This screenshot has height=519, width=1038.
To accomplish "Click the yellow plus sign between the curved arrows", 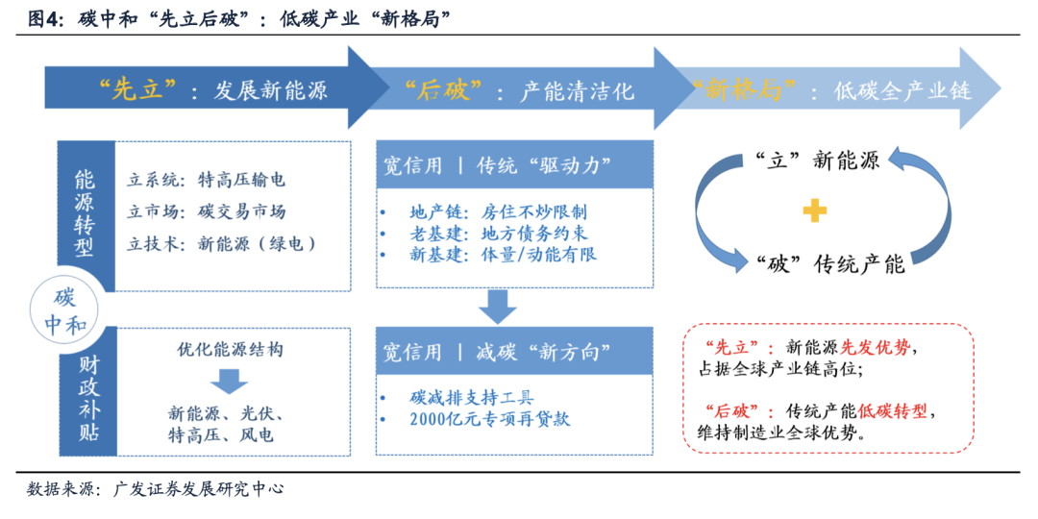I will [x=814, y=211].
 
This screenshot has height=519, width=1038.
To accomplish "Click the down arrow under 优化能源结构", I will [x=229, y=381].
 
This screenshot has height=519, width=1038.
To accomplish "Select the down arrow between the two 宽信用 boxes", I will [x=498, y=307].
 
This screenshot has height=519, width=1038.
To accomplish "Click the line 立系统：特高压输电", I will [x=207, y=180].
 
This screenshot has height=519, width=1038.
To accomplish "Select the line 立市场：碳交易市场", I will [x=207, y=211].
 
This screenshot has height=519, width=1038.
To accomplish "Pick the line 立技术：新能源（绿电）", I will [x=222, y=244].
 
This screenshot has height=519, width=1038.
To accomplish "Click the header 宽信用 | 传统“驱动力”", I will [x=497, y=164].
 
